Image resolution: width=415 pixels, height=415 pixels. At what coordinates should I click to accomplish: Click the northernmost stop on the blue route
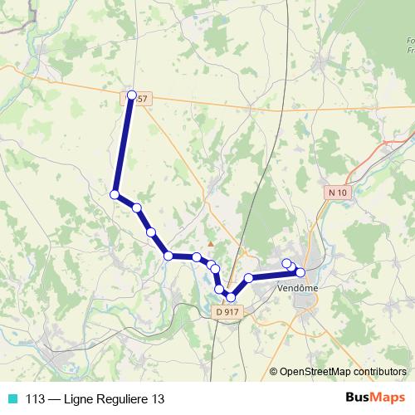pos(131,95)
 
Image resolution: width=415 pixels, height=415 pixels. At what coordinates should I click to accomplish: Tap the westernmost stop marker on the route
pos(115,194)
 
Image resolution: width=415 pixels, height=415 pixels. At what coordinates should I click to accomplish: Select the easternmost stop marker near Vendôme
pos(300,272)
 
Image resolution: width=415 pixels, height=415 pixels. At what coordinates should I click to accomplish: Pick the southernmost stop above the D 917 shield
pos(231,297)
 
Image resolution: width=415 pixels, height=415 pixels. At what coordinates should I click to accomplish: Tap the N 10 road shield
pos(336,193)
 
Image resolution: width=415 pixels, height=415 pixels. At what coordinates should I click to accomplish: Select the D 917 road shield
pos(227,312)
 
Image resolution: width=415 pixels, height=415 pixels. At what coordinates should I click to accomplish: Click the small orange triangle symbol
pos(211,244)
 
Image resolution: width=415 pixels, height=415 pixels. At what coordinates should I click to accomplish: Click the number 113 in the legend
pos(35,398)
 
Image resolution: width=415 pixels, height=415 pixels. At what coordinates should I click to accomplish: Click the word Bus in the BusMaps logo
pos(358,398)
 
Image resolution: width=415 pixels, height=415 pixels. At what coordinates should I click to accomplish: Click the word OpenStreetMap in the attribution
pos(318,371)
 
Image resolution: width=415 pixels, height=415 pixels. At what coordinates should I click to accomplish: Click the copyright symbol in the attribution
pos(274,371)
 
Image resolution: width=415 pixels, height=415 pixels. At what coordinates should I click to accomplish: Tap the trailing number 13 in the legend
pos(158,398)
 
